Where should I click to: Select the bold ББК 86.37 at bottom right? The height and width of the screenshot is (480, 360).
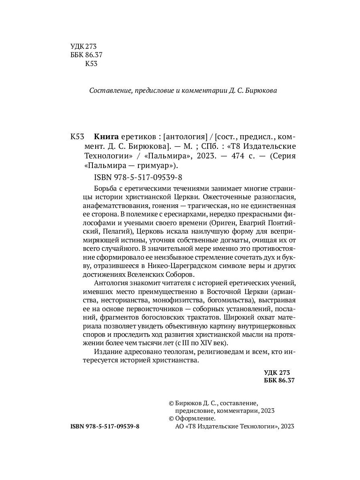pyautogui.click(x=279, y=381)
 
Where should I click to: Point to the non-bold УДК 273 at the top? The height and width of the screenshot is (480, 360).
pyautogui.click(x=84, y=46)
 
